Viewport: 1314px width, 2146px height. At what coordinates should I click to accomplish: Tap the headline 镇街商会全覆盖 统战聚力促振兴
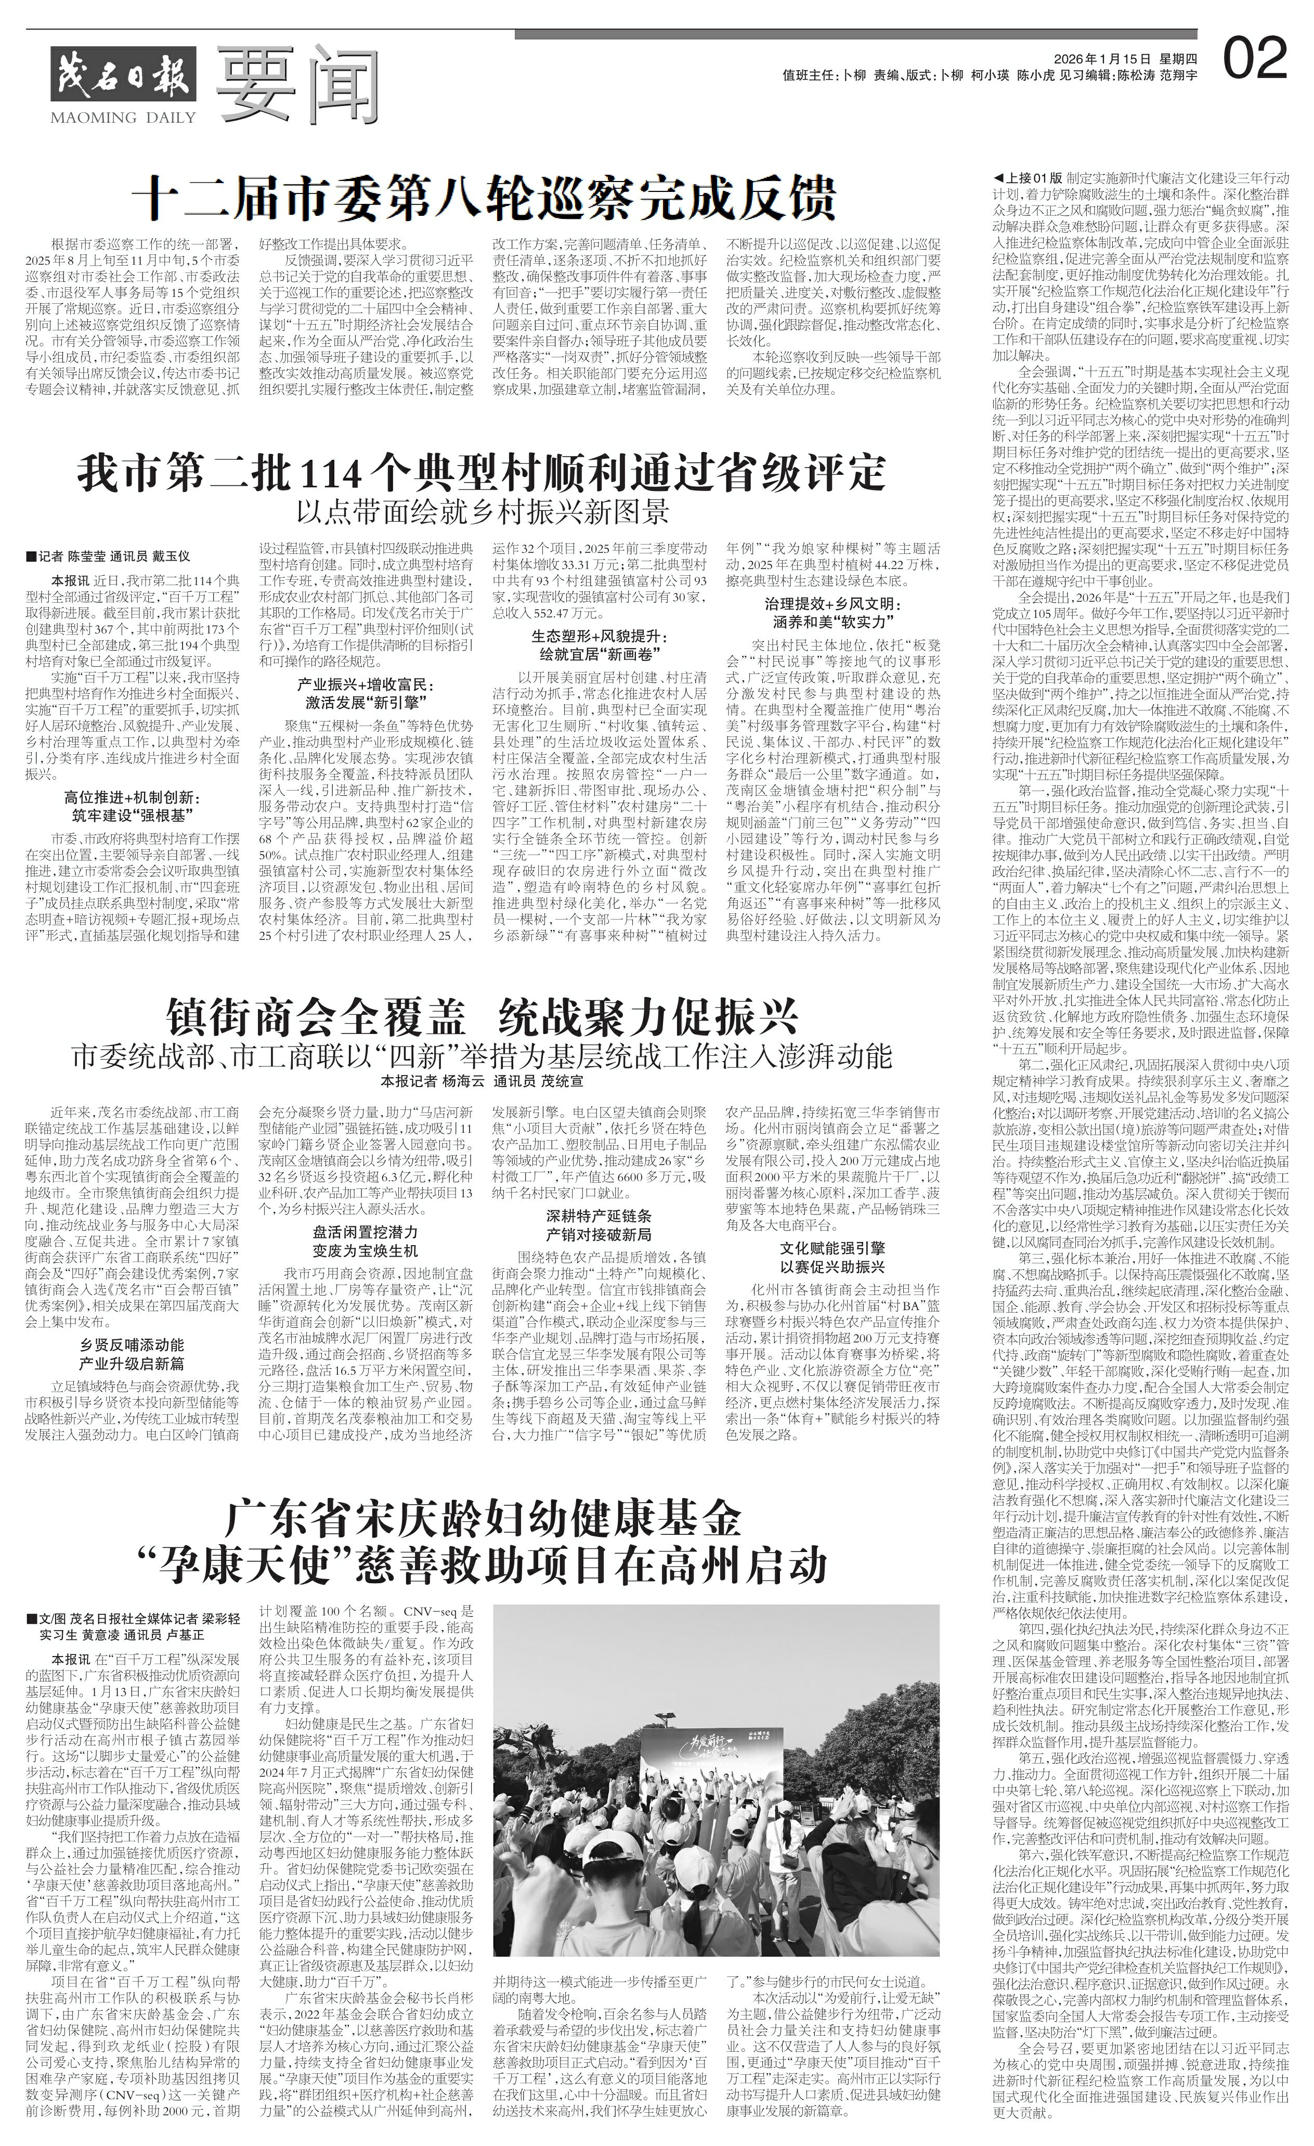click(483, 1015)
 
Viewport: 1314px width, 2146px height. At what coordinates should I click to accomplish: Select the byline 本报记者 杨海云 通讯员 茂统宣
click(483, 1082)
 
